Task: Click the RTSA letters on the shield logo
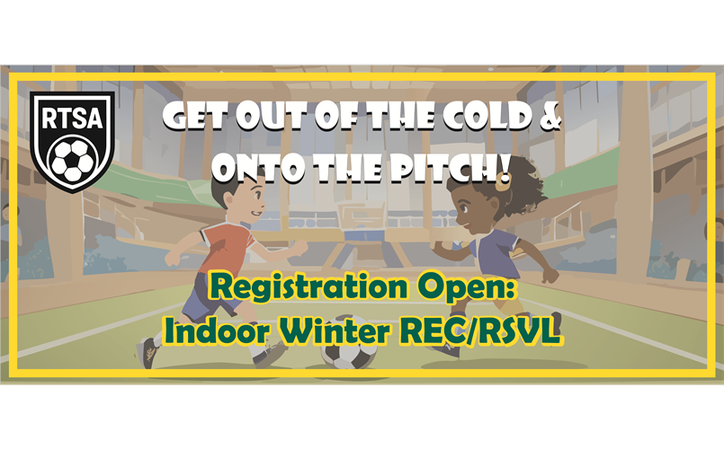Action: pyautogui.click(x=72, y=118)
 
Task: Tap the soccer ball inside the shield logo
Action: pyautogui.click(x=72, y=160)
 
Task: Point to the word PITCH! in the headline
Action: pyautogui.click(x=450, y=167)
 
